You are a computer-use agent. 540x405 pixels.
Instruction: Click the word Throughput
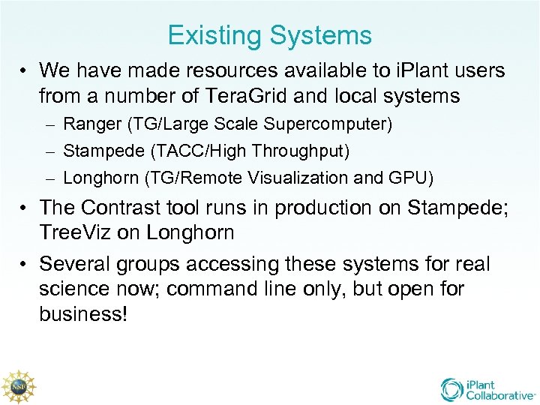[301, 151]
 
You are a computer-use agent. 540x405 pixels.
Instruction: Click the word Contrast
[124, 207]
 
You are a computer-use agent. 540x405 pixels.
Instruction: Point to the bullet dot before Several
[25, 265]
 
